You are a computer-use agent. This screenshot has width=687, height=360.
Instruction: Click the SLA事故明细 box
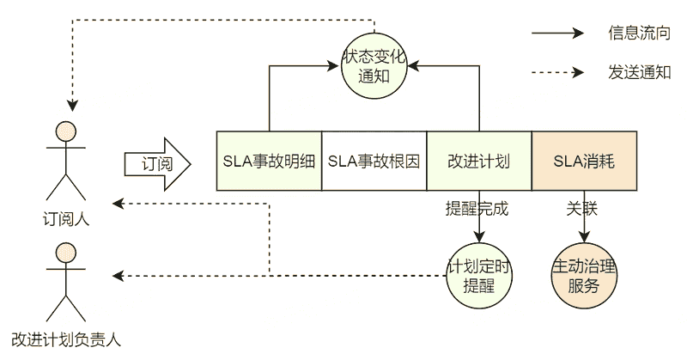(x=269, y=161)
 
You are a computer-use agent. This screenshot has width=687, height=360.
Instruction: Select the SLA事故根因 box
(x=374, y=161)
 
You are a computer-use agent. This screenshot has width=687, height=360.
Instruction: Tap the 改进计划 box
(x=479, y=161)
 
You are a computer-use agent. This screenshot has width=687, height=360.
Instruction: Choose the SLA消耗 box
(x=584, y=161)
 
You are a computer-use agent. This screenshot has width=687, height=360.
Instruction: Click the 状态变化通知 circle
(x=374, y=65)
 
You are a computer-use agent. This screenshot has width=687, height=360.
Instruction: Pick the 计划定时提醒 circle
(x=479, y=276)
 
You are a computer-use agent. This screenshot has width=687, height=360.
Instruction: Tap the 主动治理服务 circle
(x=584, y=276)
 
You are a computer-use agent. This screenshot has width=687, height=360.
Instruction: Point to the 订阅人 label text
(x=66, y=218)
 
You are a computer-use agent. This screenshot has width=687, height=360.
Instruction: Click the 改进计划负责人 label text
(x=66, y=338)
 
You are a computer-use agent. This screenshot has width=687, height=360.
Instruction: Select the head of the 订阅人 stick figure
(x=67, y=131)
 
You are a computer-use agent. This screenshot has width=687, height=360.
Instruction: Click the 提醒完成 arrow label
(x=477, y=208)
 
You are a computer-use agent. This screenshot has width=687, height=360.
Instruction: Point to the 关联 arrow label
(x=581, y=208)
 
